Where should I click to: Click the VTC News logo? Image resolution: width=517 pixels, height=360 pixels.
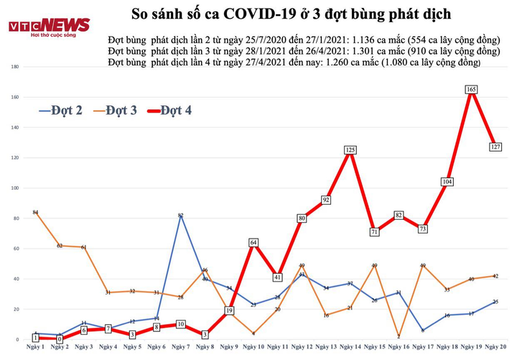coord(49,27)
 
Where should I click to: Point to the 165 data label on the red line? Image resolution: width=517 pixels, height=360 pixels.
coord(471,89)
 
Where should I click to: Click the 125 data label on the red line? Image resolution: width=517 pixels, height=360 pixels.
coord(350,149)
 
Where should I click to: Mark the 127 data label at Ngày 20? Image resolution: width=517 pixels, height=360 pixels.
coord(495,147)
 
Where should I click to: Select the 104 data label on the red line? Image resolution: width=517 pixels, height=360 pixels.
coord(447,182)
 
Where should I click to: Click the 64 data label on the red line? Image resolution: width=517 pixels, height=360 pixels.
coord(253,242)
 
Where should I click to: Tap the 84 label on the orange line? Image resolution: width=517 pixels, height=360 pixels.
coord(34,213)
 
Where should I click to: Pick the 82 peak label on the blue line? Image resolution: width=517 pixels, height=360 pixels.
coord(180,215)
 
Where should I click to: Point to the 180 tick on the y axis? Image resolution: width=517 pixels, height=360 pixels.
coord(14,67)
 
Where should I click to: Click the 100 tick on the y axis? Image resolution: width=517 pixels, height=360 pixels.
coord(14,188)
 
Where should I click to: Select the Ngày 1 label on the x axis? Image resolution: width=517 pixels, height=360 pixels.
coord(34,348)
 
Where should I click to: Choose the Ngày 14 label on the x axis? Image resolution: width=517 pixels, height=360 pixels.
coord(350,348)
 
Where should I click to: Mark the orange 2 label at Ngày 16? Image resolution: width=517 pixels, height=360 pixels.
coord(398,336)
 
